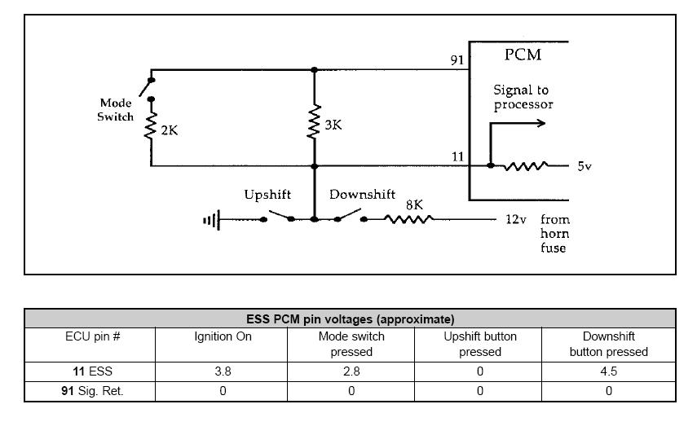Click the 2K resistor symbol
(x=151, y=126)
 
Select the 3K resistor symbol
(x=315, y=122)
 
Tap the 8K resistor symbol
(x=408, y=219)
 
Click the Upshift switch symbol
(x=278, y=217)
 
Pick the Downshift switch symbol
(x=351, y=216)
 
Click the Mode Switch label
(x=116, y=110)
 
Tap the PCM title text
(x=523, y=55)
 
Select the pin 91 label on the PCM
(x=457, y=59)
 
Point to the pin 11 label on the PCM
(x=458, y=157)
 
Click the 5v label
(x=585, y=166)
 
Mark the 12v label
(x=516, y=219)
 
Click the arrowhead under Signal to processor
(x=541, y=123)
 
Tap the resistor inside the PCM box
(x=526, y=166)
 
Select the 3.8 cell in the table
(x=223, y=371)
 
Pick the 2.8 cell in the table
(x=351, y=371)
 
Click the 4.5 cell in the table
(x=608, y=371)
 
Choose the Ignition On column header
(x=223, y=336)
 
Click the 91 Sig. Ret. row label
(x=92, y=391)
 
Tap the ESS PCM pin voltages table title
(x=351, y=319)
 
